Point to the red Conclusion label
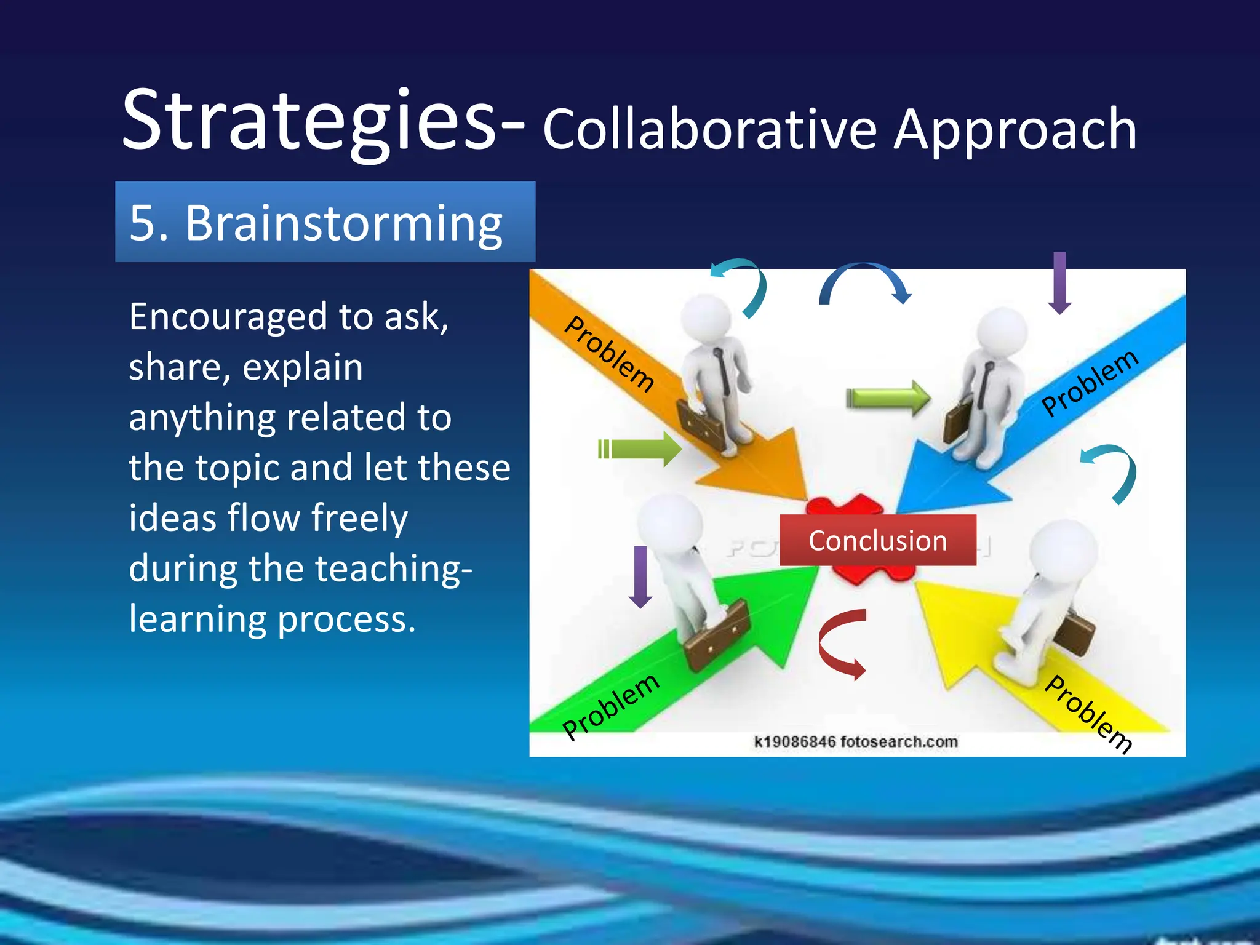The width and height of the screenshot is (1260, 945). point(877,541)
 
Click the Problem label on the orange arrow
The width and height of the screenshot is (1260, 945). point(609,354)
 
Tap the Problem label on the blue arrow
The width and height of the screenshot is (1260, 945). point(1090,383)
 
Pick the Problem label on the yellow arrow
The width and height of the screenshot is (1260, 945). point(1089,714)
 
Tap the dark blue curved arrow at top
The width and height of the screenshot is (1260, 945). point(864,281)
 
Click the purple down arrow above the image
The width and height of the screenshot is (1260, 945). point(1059,282)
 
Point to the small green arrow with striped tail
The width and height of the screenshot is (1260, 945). point(640,449)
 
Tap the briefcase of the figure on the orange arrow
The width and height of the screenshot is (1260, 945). point(701,425)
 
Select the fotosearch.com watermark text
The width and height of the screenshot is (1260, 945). point(856,741)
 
